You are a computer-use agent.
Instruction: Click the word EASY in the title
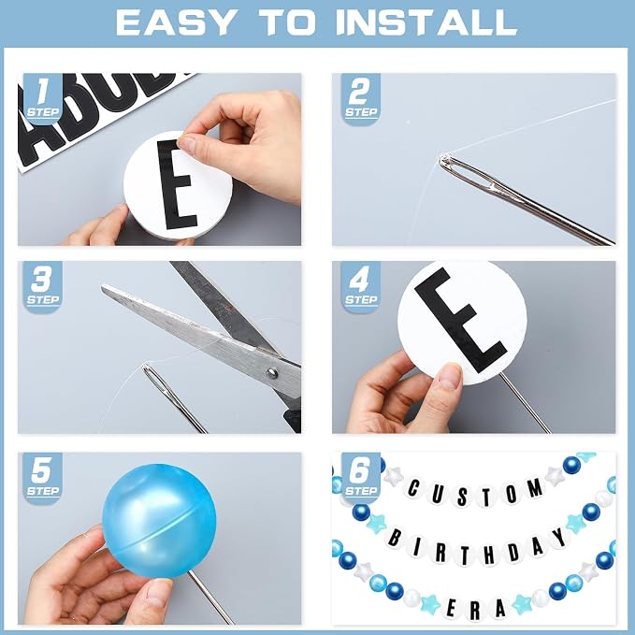[176, 22]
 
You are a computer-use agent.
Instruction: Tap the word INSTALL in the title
[426, 22]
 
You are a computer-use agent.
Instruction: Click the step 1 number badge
[42, 97]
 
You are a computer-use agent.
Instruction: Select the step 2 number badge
[360, 97]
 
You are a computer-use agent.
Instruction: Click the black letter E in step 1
[177, 184]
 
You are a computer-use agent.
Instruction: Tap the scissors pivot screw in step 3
[272, 372]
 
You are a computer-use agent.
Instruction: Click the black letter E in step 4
[459, 320]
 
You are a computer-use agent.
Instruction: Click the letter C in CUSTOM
[412, 488]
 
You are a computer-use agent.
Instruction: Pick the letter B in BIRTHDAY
[395, 539]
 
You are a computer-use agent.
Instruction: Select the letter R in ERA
[475, 612]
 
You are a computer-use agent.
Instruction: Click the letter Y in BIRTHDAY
[559, 537]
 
